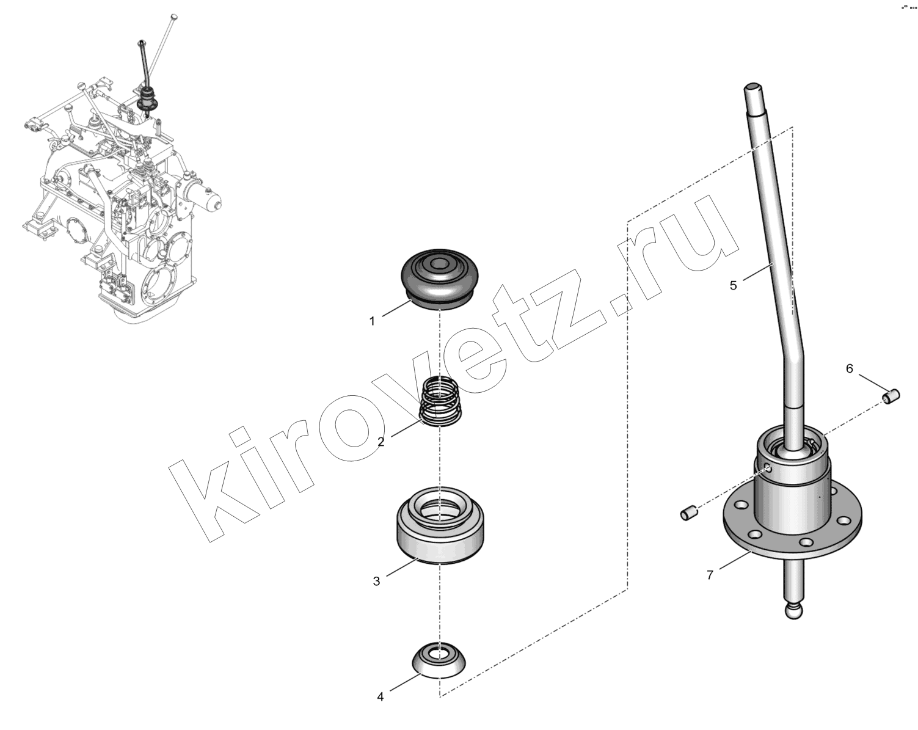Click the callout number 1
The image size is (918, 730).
(x=372, y=321)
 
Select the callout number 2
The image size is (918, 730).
(x=381, y=442)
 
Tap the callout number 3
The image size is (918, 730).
(x=376, y=581)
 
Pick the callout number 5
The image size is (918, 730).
(x=734, y=285)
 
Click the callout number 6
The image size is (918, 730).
(x=850, y=368)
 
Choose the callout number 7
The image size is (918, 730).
(x=710, y=575)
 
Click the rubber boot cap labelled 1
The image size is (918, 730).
(x=439, y=279)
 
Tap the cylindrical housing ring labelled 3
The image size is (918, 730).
(x=440, y=525)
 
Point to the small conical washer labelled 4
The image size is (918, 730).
(x=439, y=659)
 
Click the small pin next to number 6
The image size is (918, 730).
(x=891, y=396)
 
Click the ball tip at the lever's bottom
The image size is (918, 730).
(x=793, y=610)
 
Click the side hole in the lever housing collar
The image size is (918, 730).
(x=768, y=469)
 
